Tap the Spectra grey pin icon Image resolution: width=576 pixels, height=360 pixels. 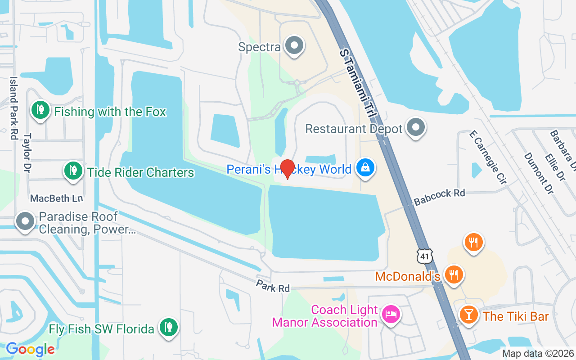click(x=295, y=45)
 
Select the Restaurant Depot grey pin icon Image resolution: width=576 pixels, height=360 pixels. click(x=416, y=127)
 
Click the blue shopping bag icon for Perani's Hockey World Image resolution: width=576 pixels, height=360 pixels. click(x=365, y=168)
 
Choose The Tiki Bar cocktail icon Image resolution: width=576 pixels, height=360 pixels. click(x=468, y=315)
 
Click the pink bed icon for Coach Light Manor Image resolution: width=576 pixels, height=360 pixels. click(x=391, y=314)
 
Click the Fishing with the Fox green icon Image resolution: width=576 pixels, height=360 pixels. click(x=40, y=109)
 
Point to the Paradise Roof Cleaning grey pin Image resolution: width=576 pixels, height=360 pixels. click(x=25, y=221)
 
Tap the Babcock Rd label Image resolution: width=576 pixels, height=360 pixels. click(x=439, y=197)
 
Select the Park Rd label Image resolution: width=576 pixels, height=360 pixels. click(x=273, y=286)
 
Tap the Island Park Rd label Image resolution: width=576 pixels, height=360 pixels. click(x=14, y=108)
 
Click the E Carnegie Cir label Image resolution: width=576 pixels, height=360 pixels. click(x=488, y=157)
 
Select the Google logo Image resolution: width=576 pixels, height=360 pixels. click(x=31, y=349)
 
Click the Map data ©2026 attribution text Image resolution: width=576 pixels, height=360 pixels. click(x=538, y=353)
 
